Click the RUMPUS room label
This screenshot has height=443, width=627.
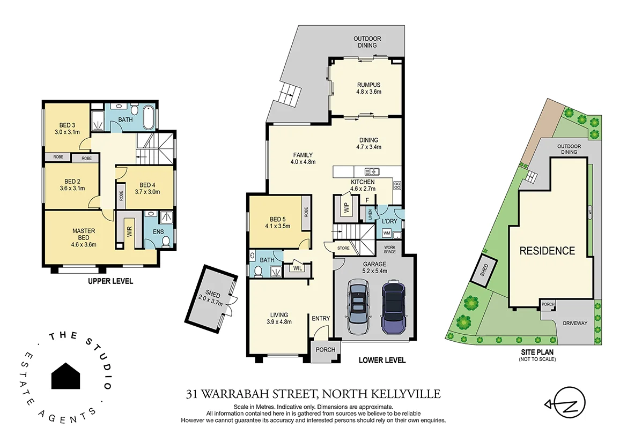[368, 85]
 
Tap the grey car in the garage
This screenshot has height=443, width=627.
[357, 307]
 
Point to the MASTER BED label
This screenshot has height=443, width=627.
[84, 234]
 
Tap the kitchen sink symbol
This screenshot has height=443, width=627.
[372, 171]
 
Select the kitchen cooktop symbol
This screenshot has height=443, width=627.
[397, 185]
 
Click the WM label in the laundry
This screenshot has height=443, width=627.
[386, 233]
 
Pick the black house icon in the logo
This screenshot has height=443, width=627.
[65, 376]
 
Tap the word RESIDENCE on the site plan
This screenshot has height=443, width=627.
[547, 251]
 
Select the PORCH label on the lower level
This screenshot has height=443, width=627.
[326, 350]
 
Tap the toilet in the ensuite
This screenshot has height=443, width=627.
[166, 242]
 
